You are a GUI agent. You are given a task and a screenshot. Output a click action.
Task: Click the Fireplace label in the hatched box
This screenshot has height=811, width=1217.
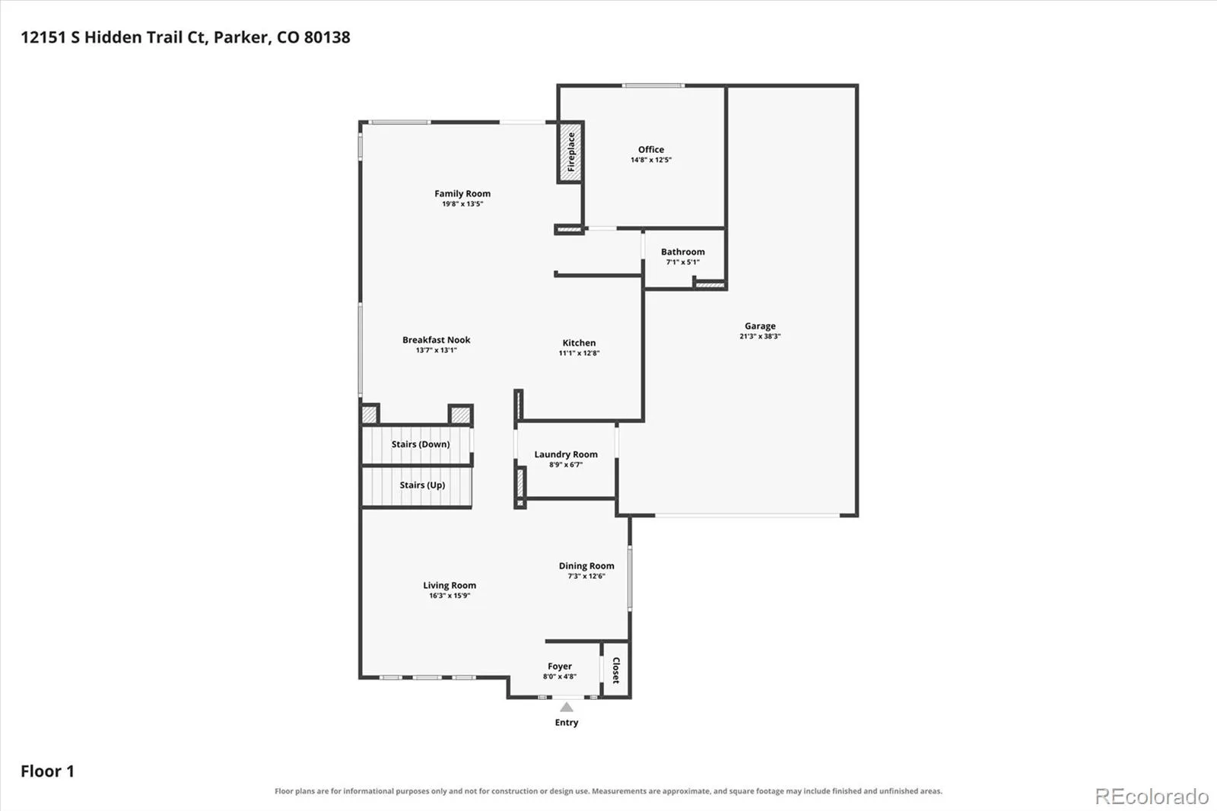click(x=571, y=152)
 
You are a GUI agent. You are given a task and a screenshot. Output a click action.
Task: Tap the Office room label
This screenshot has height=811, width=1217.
click(x=651, y=149)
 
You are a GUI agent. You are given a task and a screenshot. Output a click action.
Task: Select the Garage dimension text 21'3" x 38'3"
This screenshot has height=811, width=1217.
click(x=760, y=336)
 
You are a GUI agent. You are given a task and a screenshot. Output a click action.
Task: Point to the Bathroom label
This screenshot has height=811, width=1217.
click(x=683, y=252)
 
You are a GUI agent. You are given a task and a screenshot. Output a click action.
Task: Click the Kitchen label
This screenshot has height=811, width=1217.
click(x=579, y=343)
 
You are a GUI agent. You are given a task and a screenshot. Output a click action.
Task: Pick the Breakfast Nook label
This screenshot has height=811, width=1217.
click(x=437, y=340)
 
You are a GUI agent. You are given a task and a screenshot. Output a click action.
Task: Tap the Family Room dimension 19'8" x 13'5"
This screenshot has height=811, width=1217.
click(x=462, y=204)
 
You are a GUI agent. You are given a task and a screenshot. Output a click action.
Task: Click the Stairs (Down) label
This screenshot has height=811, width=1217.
click(x=421, y=444)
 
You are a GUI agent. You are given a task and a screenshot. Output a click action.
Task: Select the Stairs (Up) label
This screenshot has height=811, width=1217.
click(x=422, y=485)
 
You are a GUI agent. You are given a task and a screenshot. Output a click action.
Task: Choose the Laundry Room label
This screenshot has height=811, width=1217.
click(x=566, y=454)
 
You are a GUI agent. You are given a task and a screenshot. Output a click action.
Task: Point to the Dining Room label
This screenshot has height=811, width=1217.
click(x=586, y=566)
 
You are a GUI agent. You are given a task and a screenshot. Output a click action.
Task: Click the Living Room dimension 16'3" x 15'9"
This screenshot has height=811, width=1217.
click(x=450, y=596)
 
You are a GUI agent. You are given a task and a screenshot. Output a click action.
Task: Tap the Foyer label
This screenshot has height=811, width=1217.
click(x=560, y=666)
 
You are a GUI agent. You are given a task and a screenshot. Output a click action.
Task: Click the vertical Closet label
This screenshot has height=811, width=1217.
click(x=616, y=670)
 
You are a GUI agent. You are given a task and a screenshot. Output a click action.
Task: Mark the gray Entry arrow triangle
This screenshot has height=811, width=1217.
click(x=567, y=707)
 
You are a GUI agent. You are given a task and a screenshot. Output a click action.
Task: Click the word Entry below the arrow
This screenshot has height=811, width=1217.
click(x=567, y=723)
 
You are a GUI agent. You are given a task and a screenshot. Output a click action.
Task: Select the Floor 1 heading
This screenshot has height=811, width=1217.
click(x=47, y=771)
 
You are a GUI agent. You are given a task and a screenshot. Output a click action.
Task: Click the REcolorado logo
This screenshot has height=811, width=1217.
click(x=1152, y=797)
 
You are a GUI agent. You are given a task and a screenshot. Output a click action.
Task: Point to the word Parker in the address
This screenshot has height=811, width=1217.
click(x=240, y=37)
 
